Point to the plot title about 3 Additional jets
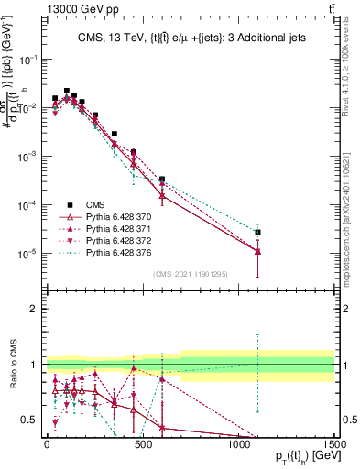pyautogui.click(x=191, y=38)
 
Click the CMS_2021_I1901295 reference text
pyautogui.click(x=190, y=274)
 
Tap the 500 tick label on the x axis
pyautogui.click(x=142, y=442)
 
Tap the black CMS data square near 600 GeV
pyautogui.click(x=162, y=180)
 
